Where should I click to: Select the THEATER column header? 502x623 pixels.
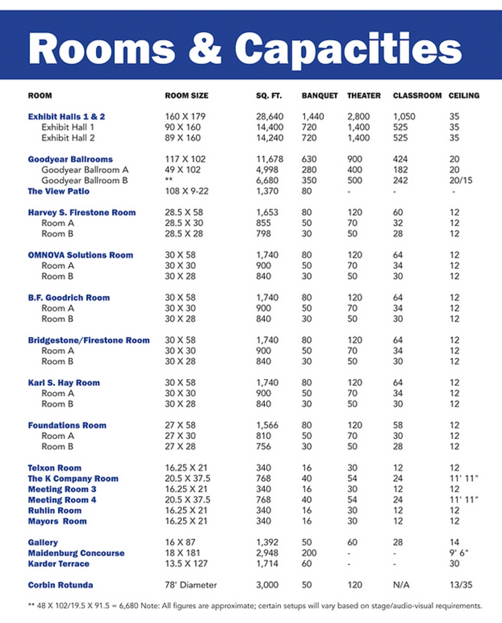[364, 96]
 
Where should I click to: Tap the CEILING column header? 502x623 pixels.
[464, 96]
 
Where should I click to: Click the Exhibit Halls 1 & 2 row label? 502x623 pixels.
[67, 117]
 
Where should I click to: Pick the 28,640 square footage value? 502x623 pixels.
[270, 117]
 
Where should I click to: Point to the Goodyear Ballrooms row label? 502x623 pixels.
[70, 159]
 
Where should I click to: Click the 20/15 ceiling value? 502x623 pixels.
[461, 181]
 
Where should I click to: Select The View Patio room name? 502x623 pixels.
[59, 191]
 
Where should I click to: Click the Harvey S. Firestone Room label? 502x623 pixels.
[82, 213]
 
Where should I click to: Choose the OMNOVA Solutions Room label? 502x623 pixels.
[80, 255]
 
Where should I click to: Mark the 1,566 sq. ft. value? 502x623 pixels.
[268, 425]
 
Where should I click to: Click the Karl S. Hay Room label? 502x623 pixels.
[64, 383]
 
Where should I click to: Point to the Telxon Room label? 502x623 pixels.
[55, 468]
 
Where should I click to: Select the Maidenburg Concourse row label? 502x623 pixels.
[76, 553]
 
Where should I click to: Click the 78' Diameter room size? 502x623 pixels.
[191, 585]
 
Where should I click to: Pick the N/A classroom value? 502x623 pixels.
[401, 585]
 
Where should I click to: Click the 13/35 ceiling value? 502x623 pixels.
[461, 585]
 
